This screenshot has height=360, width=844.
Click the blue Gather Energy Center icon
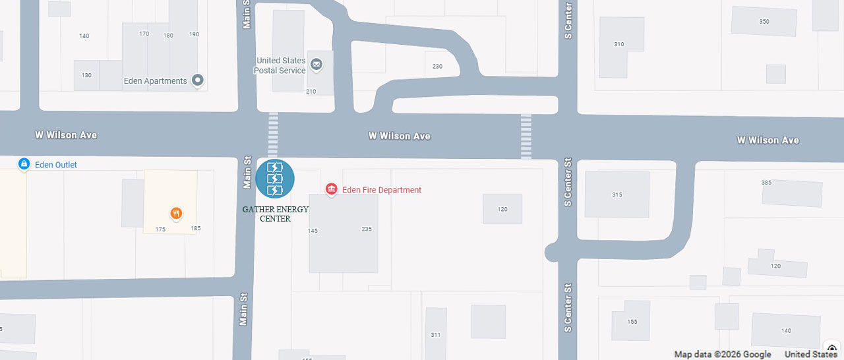275,179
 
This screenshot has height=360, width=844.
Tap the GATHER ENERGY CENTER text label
275,214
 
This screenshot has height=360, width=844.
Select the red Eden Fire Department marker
332,190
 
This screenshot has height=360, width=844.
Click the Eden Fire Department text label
382,190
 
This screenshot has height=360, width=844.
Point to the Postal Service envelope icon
316,64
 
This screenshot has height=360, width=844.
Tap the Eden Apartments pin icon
197,80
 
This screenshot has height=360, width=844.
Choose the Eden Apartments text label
156,81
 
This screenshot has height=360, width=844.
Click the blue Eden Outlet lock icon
24,164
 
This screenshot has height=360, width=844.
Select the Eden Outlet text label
56,165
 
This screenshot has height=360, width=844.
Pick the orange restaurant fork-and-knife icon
176,213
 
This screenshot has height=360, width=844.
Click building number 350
764,22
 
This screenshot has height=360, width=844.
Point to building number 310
618,44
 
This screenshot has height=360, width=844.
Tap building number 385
766,183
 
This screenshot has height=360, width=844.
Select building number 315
617,195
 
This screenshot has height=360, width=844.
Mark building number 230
438,67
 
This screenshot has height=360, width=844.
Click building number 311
436,335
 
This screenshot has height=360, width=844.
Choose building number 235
367,229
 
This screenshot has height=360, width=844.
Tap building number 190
194,34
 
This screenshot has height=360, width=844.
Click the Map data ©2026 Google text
723,354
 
